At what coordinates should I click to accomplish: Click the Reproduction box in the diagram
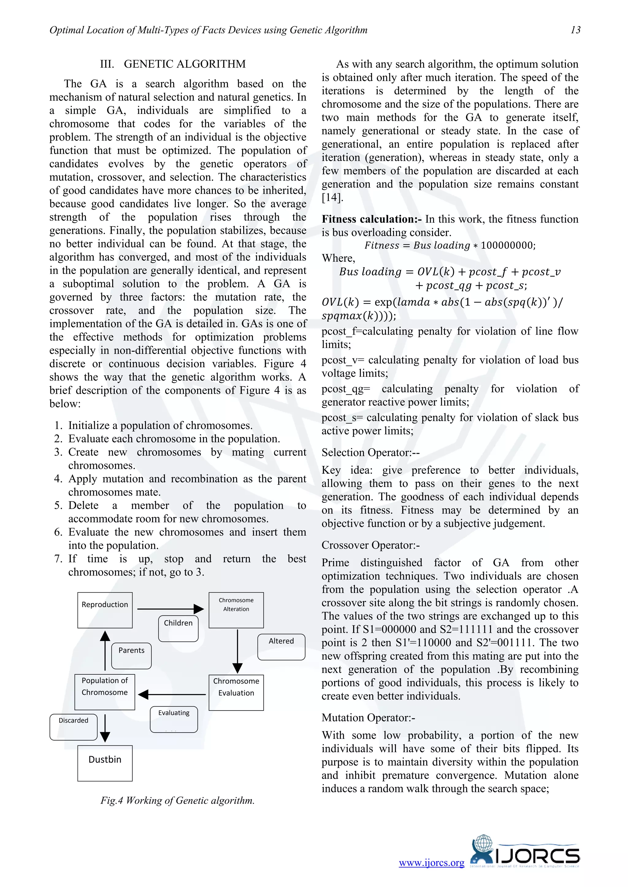(105, 610)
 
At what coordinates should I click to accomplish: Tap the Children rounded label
(178, 628)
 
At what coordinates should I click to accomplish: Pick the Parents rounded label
(132, 656)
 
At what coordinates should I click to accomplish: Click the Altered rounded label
(281, 647)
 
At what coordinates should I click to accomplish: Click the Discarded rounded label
(74, 727)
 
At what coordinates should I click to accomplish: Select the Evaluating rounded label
(174, 719)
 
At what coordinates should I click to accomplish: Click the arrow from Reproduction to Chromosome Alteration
(170, 609)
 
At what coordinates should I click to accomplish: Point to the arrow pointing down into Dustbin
(105, 728)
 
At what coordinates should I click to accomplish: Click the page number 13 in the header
(575, 30)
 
